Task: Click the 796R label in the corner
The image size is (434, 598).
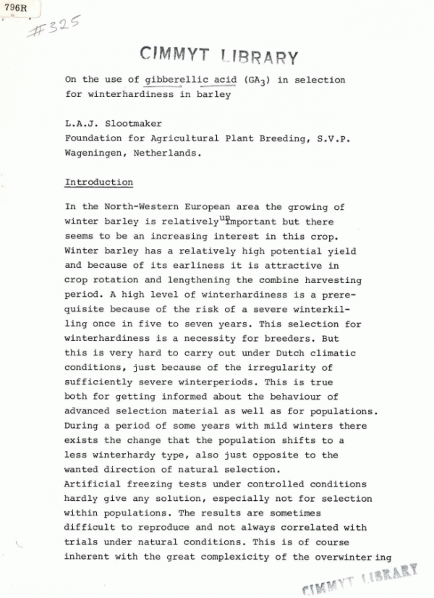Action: tap(14, 9)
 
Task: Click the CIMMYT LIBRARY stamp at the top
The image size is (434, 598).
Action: tap(217, 54)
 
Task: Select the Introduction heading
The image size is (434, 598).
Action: tap(98, 182)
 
